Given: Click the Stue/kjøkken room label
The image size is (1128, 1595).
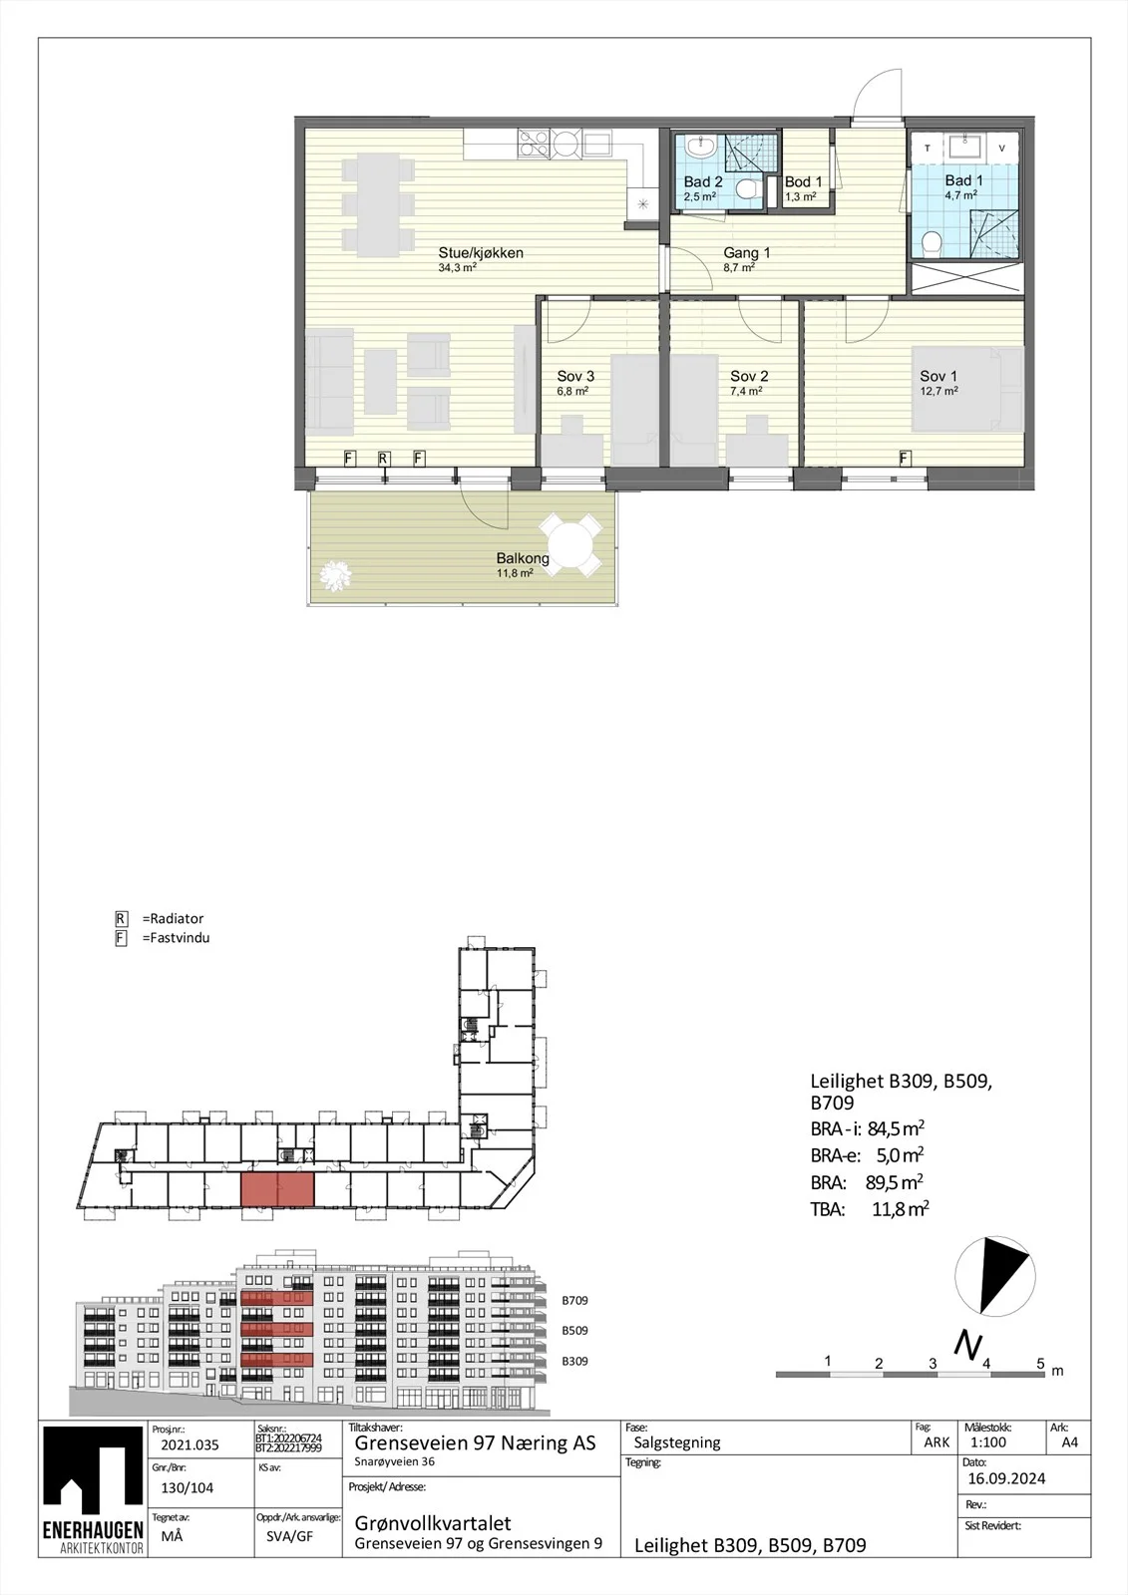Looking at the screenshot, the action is coord(481,253).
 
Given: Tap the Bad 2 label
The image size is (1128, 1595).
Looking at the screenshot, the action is coord(702,182).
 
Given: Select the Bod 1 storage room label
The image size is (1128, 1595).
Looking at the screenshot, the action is coord(803,182).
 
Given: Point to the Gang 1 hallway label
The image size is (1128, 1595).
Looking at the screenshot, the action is coord(746,253).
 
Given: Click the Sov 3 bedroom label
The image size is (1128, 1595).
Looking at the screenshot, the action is coord(575,376).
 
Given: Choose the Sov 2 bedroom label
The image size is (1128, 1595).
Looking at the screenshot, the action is coord(749,376).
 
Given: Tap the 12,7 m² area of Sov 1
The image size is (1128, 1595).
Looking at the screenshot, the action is coord(939,391).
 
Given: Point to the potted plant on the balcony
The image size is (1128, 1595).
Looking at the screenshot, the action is coord(335,575).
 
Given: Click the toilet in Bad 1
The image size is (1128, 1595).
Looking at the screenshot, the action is coord(933,244).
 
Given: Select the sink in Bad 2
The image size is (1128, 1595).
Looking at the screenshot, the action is coord(701,150).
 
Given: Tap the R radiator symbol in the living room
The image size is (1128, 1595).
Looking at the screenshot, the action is coord(383,459).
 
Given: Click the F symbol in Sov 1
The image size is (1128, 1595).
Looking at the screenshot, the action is coord(904,459).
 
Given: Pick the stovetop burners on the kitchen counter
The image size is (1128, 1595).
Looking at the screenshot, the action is coord(534,142).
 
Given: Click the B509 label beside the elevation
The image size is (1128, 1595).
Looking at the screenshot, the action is coord(574,1331).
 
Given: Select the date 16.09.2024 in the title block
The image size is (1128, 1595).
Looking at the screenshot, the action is coord(1006,1479).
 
